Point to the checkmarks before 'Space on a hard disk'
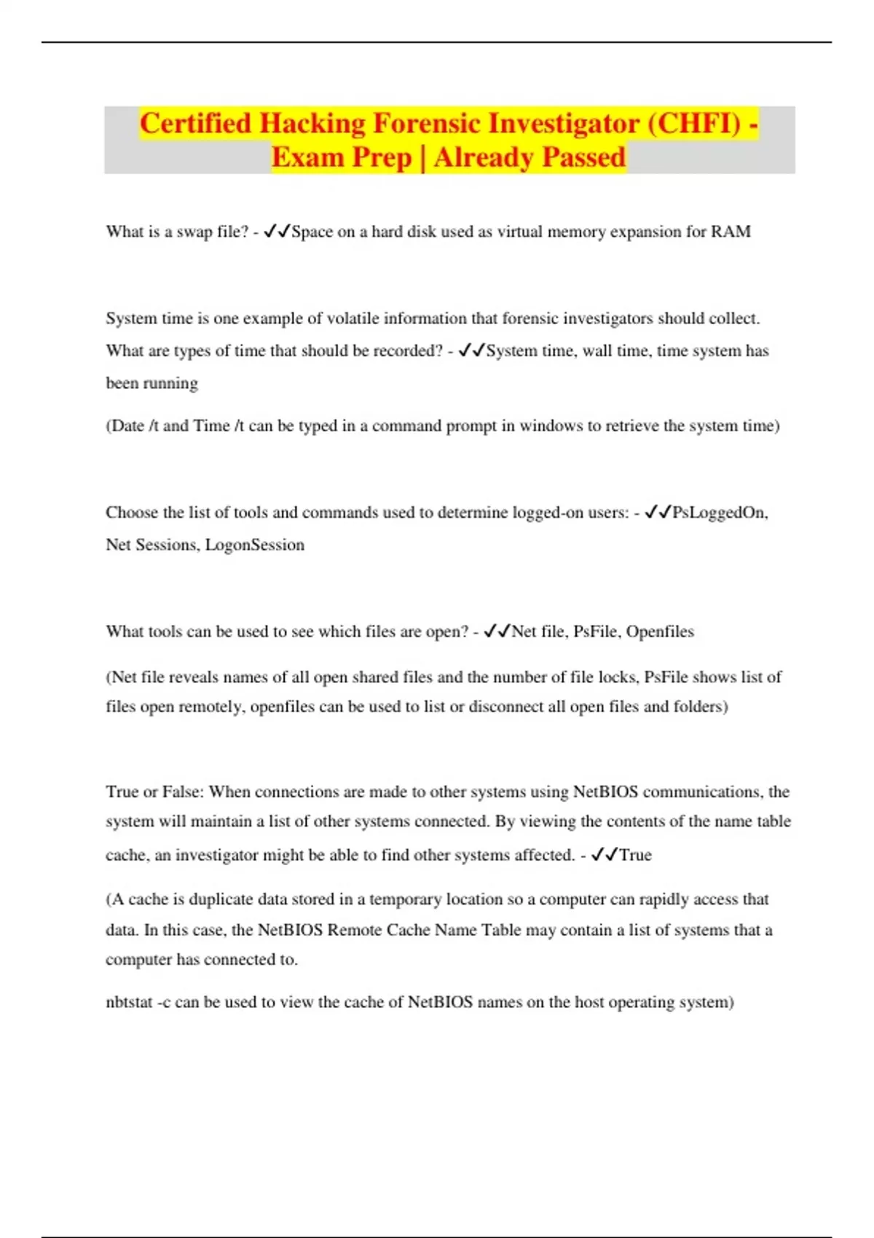coord(277,232)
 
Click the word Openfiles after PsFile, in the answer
coord(660,631)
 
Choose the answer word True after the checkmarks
coord(635,855)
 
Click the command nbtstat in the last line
coord(128,1002)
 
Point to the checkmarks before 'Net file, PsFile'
coord(497,631)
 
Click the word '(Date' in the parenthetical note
coord(125,426)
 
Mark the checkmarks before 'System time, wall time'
coord(471,351)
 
